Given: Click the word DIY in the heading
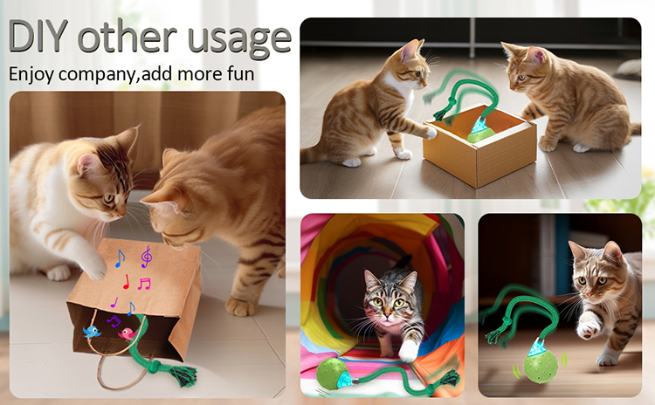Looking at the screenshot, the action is (38, 36).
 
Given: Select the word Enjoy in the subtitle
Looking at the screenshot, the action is (31, 75).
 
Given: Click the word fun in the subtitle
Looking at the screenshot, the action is (241, 73).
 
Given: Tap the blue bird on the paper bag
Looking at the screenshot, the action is (92, 332).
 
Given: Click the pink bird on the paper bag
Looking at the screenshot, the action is (127, 333).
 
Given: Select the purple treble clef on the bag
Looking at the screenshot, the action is (146, 257).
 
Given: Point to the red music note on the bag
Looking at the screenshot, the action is (126, 282).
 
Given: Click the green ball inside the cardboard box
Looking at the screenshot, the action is (480, 134).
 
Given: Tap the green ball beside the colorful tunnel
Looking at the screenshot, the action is (330, 374).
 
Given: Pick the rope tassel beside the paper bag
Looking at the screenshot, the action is (183, 375).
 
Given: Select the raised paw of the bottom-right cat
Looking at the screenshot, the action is (589, 328).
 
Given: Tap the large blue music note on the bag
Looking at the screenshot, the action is (120, 258).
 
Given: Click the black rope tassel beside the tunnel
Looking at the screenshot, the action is (451, 377).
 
